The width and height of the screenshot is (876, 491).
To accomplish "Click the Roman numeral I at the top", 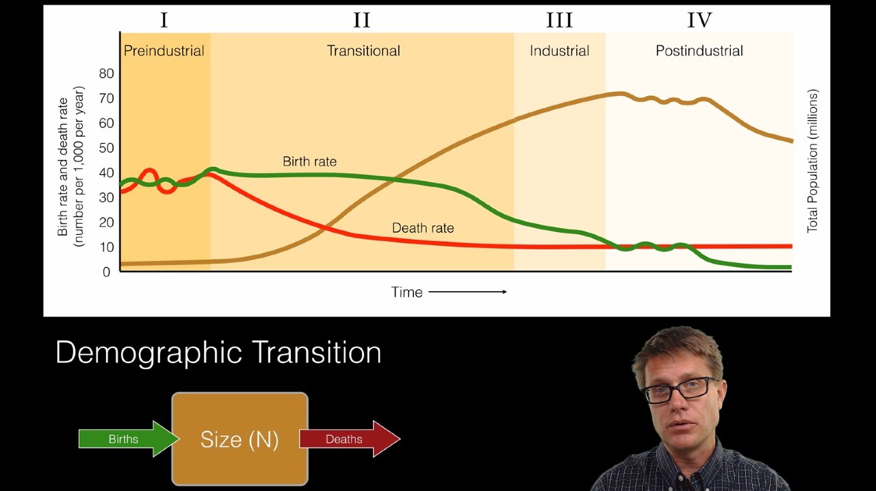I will coord(164,21).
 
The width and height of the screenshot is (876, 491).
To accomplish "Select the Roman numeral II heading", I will coord(361,21).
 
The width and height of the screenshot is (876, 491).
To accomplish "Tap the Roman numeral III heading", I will coord(559,21).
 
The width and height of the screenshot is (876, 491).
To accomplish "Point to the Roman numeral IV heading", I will coord(699,21).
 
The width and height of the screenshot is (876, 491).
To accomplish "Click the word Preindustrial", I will coord(164,51).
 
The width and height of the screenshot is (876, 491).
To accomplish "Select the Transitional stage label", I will coord(363,51).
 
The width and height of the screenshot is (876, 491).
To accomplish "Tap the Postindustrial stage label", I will coord(699,51).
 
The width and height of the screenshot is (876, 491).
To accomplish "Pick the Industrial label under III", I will coord(559,51).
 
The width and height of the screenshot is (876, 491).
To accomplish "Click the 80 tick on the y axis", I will coord(106,73).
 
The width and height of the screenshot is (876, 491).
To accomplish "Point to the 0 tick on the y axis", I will coord(106,272).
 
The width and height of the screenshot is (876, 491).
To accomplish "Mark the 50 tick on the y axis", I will coord(106,148).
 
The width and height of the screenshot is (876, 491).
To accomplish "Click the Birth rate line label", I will coord(309,162).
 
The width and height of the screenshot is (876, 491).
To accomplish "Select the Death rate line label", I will coord(422,228).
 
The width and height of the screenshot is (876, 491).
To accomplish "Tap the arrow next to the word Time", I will coord(467,292).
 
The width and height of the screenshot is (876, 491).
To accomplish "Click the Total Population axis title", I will coord(812,161).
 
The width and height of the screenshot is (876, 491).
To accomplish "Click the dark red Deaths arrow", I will coord(349,439).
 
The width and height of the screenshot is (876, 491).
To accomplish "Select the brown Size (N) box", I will coord(240,439).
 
